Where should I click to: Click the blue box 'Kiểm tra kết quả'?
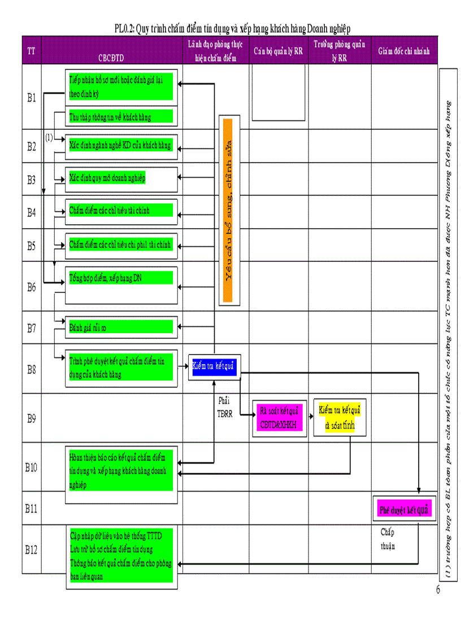point(214,366)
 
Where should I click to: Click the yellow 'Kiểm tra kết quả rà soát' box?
point(340,418)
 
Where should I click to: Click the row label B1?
point(32,98)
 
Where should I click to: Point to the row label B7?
point(32,327)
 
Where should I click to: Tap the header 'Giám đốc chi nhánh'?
point(404,51)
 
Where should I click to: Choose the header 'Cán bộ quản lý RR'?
point(278,51)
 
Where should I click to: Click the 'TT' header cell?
point(32,51)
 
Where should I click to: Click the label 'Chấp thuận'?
point(388,539)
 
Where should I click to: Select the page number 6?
point(437,591)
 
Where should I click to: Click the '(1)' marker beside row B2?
point(49,137)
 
